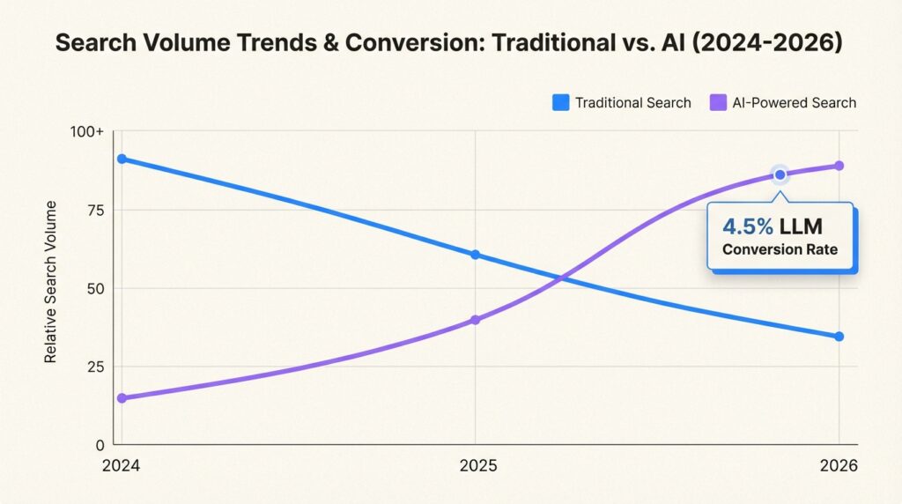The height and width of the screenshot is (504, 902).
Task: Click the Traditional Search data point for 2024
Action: click(122, 159)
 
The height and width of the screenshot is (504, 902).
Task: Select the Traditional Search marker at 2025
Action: click(476, 255)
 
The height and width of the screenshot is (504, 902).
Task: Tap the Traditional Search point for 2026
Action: click(839, 337)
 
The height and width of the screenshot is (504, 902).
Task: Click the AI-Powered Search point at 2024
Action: click(122, 398)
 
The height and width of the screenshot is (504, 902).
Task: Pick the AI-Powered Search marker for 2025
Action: click(476, 320)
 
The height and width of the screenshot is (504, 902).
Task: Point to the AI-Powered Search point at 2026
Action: click(839, 166)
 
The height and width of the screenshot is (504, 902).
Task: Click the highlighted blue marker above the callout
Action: click(780, 174)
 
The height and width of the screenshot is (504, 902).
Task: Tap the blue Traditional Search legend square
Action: click(560, 102)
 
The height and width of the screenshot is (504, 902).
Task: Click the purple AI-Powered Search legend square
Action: click(718, 102)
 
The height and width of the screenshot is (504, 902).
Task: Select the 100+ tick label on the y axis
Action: click(88, 132)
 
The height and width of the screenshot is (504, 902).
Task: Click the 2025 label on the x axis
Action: click(476, 467)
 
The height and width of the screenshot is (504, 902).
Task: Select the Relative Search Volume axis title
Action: click(51, 282)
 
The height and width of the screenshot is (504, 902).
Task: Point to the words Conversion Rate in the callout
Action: click(780, 249)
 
